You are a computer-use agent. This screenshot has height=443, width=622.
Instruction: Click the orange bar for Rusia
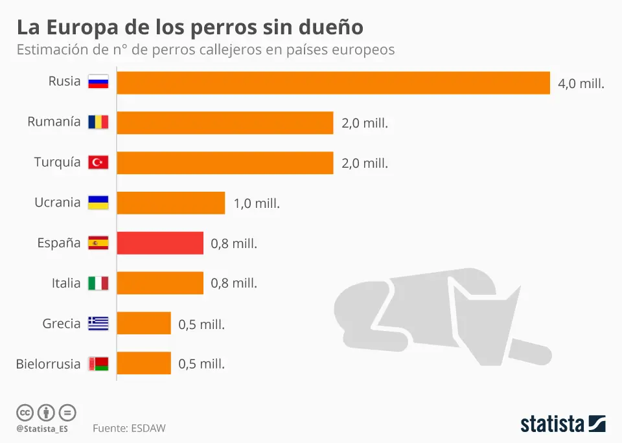(x=333, y=82)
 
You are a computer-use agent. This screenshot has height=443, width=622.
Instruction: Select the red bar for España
(x=160, y=243)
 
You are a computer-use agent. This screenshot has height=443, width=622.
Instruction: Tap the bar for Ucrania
(x=171, y=203)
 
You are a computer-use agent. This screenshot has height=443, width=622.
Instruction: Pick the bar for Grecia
(x=144, y=323)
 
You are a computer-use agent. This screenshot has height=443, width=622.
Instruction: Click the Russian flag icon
(x=98, y=82)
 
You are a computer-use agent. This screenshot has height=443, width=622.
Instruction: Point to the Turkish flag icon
(x=98, y=162)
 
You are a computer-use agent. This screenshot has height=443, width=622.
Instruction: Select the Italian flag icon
(x=98, y=283)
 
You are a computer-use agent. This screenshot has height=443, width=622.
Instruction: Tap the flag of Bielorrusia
(x=98, y=363)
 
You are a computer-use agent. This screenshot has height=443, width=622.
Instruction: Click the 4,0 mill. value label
(x=581, y=84)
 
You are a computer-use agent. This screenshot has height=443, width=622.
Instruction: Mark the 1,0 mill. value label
(x=257, y=203)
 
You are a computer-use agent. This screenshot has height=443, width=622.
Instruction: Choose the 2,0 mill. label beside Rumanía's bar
(x=365, y=123)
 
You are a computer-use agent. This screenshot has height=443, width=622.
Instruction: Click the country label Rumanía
(x=54, y=122)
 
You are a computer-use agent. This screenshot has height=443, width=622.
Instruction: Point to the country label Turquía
(x=58, y=162)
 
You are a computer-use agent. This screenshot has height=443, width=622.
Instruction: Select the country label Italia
(x=66, y=283)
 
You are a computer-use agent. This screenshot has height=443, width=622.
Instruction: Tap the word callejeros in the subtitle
(x=233, y=50)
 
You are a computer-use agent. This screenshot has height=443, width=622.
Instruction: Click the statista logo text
(x=552, y=424)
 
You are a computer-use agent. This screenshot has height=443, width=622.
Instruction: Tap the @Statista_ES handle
(x=42, y=429)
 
